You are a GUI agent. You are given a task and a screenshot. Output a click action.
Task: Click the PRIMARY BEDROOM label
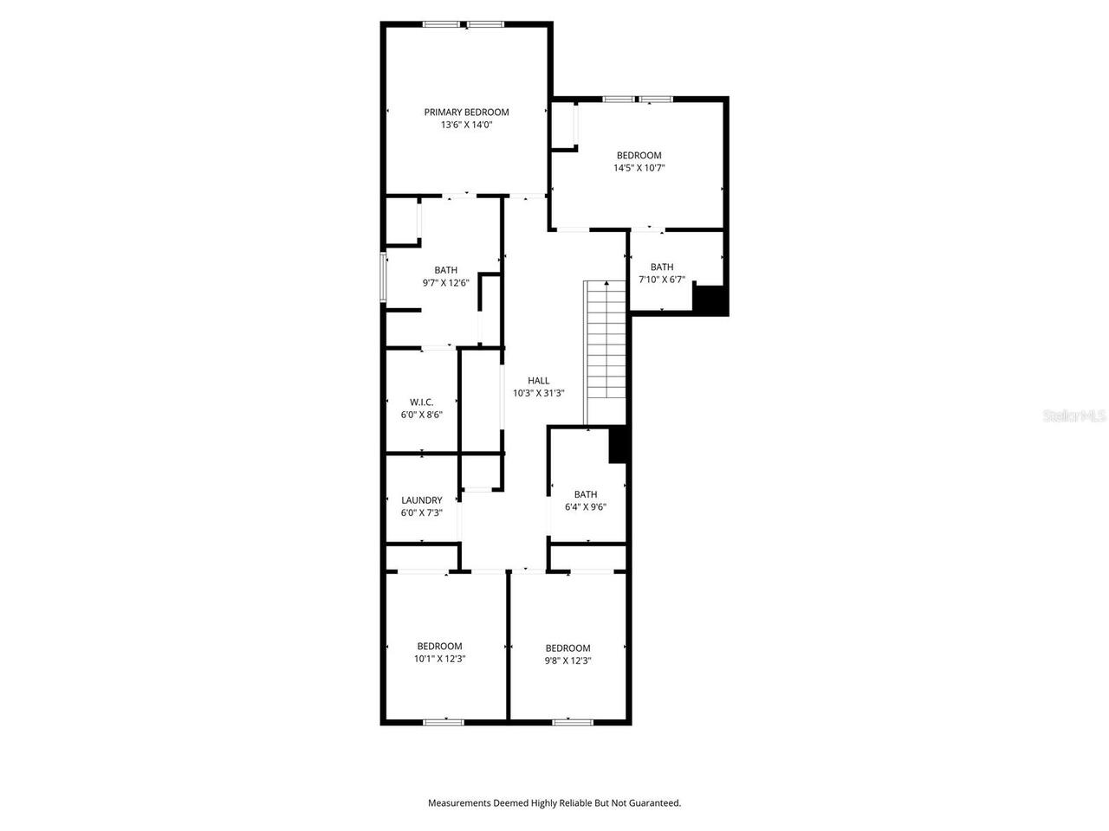coord(466,112)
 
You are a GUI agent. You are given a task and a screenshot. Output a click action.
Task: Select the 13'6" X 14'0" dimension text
coord(466,125)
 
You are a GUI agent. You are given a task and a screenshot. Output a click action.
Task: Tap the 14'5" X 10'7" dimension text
coord(639,168)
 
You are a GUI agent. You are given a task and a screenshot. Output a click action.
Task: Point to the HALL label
coord(539,380)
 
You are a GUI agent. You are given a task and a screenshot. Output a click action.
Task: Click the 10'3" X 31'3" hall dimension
coord(539,393)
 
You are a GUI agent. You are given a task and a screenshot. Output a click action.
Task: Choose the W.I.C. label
coord(422,402)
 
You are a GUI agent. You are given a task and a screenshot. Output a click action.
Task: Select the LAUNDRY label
coord(422,499)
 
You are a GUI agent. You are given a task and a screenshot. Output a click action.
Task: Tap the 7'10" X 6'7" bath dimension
coord(662,280)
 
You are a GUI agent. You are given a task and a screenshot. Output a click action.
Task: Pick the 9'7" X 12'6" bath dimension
coord(446,282)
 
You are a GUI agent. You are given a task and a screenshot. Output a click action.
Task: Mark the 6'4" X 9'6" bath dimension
coord(586,507)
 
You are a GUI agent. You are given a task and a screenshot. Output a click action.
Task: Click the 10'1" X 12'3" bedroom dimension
coord(439,659)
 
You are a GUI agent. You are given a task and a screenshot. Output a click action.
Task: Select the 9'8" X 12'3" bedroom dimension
coord(567,660)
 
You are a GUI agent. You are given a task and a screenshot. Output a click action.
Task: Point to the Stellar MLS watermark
coord(1074,415)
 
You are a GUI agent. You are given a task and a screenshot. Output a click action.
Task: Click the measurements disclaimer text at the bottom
coord(554,803)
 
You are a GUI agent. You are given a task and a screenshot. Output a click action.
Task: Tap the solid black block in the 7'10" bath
coord(710,300)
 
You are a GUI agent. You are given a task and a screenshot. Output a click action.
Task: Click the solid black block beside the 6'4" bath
coord(619,445)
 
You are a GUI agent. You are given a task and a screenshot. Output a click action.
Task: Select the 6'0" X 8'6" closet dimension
coord(422,415)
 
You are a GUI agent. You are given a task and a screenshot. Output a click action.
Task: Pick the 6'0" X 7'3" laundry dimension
coord(422,512)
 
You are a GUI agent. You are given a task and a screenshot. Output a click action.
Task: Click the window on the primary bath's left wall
coord(384,277)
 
